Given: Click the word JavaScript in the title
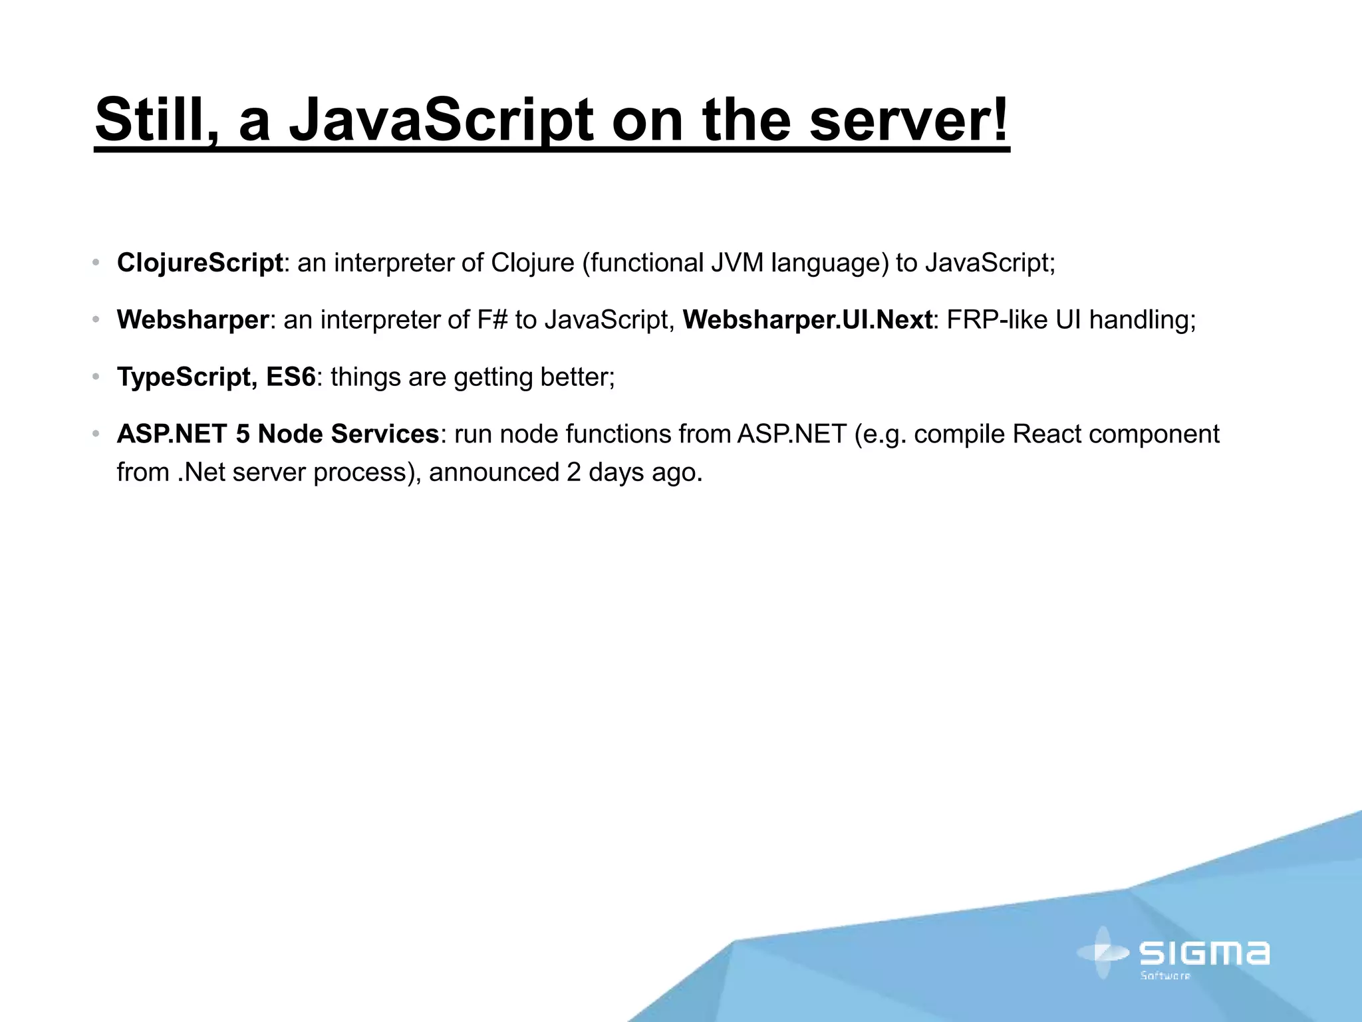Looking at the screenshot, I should tap(440, 120).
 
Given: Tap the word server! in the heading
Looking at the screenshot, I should tap(908, 120).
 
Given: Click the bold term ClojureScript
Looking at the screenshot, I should tap(200, 263).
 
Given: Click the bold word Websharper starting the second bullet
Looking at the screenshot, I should tap(192, 320).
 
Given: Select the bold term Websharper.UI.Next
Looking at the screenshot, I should tap(807, 320).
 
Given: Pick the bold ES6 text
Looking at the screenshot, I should tap(291, 377).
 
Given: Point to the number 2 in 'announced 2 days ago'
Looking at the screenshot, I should tap(573, 472).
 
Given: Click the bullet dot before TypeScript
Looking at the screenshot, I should tap(96, 377).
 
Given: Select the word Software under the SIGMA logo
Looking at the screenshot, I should tap(1165, 976).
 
